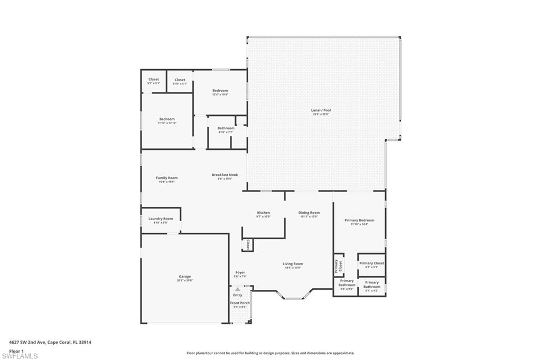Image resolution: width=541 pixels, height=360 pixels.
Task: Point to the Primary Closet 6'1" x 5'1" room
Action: [371, 264]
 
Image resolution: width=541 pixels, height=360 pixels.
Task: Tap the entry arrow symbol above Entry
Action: [238, 289]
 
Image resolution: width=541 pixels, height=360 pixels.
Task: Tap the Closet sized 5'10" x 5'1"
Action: [180, 81]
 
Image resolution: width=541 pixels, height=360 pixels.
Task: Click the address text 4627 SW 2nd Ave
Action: [50, 342]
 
